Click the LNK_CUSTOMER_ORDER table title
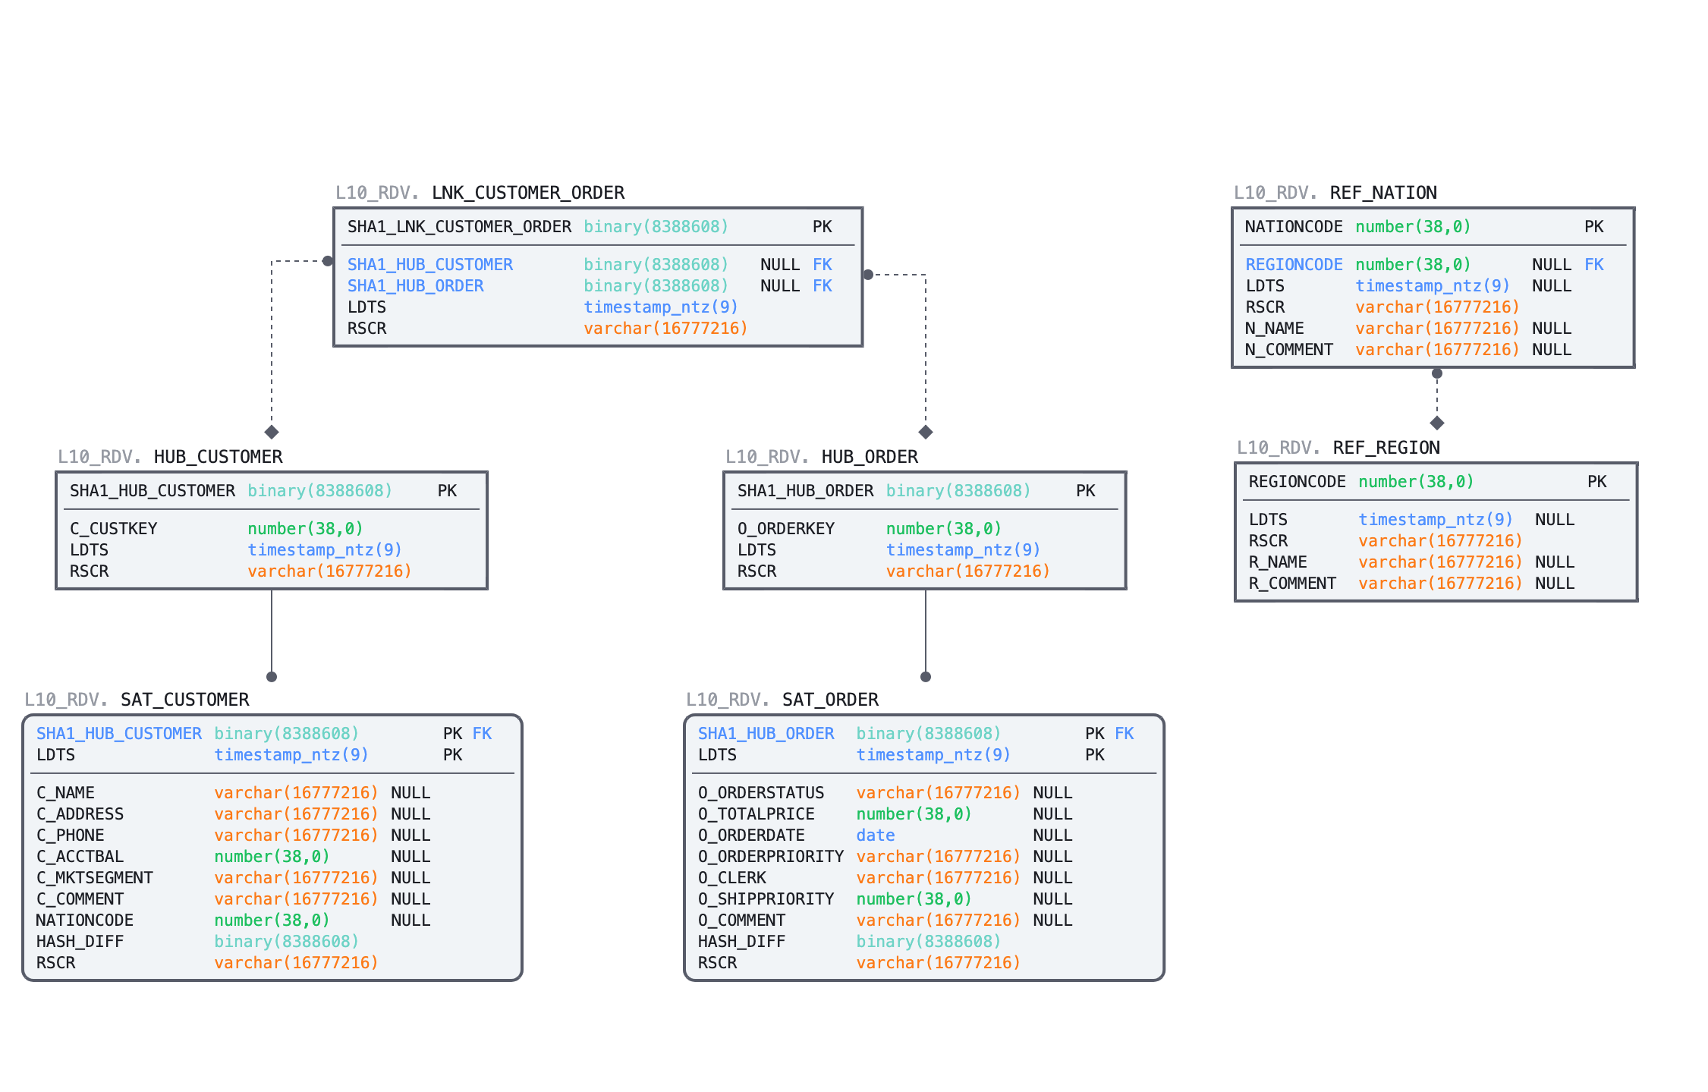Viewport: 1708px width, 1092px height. click(527, 193)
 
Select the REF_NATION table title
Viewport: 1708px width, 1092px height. click(1382, 193)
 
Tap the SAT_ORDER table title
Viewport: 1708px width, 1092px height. click(830, 700)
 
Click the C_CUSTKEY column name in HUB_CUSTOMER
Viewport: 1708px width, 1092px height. click(113, 529)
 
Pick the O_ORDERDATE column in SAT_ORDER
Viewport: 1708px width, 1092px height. click(751, 836)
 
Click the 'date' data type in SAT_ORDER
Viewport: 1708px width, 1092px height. click(875, 836)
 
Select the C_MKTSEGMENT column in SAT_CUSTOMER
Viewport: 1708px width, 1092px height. click(95, 878)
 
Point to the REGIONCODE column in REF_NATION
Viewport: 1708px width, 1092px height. click(1294, 265)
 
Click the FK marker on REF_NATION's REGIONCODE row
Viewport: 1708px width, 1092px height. click(1593, 265)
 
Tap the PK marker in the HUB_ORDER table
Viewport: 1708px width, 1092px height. click(1085, 491)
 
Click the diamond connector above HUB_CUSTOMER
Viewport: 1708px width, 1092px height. click(272, 432)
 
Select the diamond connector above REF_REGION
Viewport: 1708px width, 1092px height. click(1436, 423)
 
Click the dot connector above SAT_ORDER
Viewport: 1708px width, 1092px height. click(925, 677)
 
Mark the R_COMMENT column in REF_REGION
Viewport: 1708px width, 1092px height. click(1292, 584)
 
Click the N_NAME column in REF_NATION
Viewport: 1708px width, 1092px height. click(1274, 329)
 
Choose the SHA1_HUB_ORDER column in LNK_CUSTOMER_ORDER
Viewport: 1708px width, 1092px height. click(415, 286)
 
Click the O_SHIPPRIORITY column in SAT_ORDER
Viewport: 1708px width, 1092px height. click(766, 899)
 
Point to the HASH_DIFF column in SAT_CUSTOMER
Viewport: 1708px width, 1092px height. click(80, 942)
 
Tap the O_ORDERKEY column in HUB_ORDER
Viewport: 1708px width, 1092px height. click(785, 529)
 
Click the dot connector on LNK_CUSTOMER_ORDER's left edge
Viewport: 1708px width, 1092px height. click(328, 261)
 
